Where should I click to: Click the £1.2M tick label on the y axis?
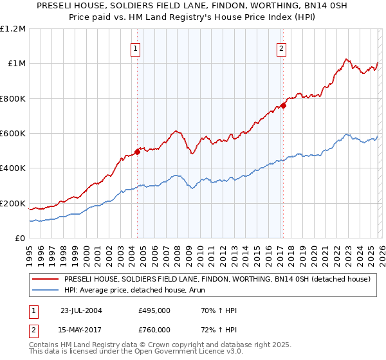pyautogui.click(x=14, y=28)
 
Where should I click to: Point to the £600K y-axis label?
pyautogui.click(x=14, y=134)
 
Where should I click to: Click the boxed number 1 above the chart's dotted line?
pyautogui.click(x=136, y=48)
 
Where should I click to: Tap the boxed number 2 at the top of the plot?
pyautogui.click(x=282, y=48)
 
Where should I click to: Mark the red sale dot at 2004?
pyautogui.click(x=137, y=152)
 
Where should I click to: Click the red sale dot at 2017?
pyautogui.click(x=283, y=105)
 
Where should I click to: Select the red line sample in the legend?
pyautogui.click(x=46, y=280)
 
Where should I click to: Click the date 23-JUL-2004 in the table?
pyautogui.click(x=81, y=310)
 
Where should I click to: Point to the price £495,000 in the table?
pyautogui.click(x=154, y=310)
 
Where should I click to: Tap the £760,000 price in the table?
pyautogui.click(x=154, y=330)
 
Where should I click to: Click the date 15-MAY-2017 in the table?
pyautogui.click(x=81, y=330)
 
